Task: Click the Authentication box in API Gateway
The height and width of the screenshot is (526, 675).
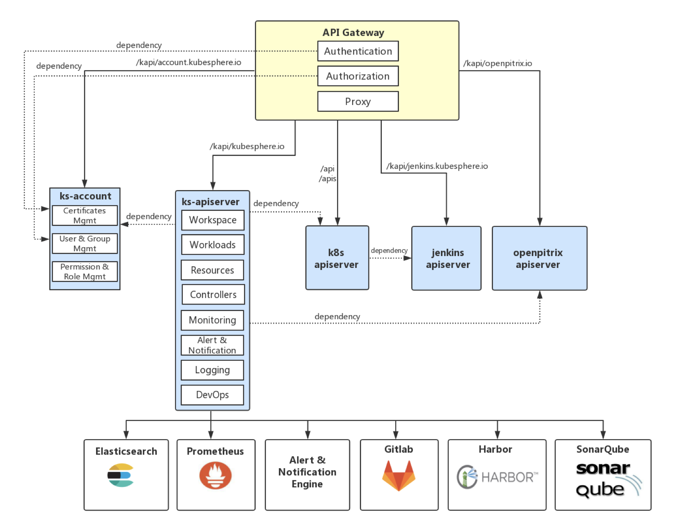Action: coord(357,51)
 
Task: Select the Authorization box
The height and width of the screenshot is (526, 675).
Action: coord(357,76)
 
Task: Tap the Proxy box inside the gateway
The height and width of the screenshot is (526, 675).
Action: coord(357,101)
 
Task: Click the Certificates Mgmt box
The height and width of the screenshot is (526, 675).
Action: coord(85,215)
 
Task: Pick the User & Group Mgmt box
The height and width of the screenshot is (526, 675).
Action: coord(85,243)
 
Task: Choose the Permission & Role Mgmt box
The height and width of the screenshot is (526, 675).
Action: coord(85,272)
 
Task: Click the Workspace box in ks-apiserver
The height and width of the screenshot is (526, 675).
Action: coord(213,220)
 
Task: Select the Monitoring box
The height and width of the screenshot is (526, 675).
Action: coord(212,320)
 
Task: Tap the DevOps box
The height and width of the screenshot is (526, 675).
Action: coord(212,395)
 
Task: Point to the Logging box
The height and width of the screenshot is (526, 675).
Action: coord(212,370)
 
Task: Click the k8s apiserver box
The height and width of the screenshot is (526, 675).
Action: coord(337,258)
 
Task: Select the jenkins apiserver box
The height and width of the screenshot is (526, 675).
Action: coord(446,258)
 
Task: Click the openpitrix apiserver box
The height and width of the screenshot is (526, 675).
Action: coord(539,258)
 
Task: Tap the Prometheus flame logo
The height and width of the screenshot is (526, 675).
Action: coord(215,475)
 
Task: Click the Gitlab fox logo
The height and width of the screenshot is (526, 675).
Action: coord(399,475)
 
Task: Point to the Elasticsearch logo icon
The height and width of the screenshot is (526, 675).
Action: coord(121,475)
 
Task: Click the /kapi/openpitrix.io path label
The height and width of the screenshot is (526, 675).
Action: coord(497,64)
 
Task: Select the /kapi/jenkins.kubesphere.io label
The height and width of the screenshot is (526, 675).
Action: coord(437,166)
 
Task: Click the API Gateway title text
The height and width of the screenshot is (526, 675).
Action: coord(353,33)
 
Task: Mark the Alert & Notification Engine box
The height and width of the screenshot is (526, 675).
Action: coord(307,475)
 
